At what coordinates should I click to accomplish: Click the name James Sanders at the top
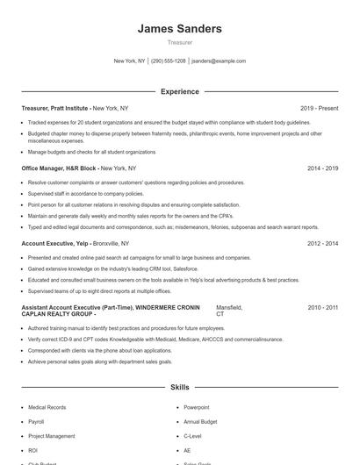(x=179, y=29)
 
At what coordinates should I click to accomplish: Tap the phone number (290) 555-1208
(x=168, y=61)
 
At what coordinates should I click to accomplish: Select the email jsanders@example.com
(x=219, y=61)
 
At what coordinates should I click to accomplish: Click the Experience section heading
(x=179, y=91)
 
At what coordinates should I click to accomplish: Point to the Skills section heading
(x=179, y=386)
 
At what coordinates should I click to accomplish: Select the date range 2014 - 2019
(x=322, y=168)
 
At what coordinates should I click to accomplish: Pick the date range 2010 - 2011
(x=322, y=308)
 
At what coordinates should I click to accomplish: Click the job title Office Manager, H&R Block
(x=58, y=168)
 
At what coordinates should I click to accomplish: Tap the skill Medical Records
(x=47, y=408)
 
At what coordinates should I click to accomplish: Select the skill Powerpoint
(x=197, y=408)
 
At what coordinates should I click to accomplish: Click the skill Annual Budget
(x=200, y=422)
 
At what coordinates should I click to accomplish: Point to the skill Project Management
(x=52, y=436)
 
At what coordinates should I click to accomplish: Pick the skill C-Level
(x=193, y=436)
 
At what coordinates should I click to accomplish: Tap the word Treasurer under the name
(x=179, y=41)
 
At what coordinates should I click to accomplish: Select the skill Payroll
(x=36, y=422)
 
